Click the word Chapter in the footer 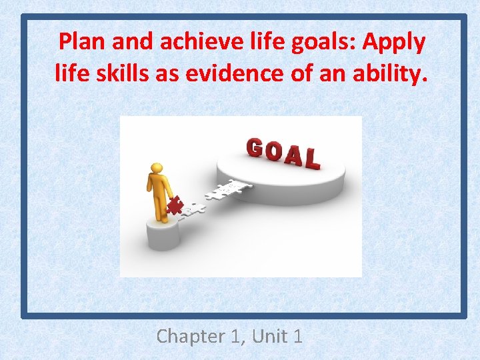[x=190, y=336]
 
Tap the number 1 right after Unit [x=297, y=336]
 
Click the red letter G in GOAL [x=255, y=148]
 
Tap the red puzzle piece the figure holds [x=174, y=205]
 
